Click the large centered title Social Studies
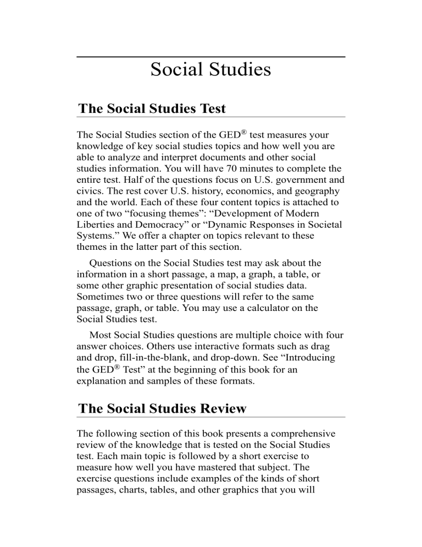point(210,70)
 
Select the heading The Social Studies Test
point(152,108)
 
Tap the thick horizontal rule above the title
point(210,57)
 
